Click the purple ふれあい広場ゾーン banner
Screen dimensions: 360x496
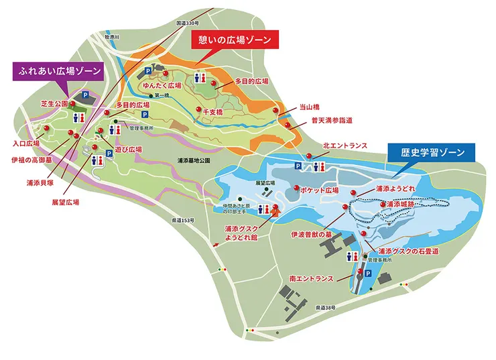pos(59,70)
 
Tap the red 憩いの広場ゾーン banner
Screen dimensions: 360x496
pos(234,40)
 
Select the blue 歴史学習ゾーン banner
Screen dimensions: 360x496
pos(430,153)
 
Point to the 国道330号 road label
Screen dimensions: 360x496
pos(189,23)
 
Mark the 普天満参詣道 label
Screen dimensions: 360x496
pos(332,121)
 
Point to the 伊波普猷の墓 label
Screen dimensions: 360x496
pos(310,235)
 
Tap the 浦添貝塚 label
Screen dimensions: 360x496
pos(40,182)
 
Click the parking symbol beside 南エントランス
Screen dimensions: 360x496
pos(365,274)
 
